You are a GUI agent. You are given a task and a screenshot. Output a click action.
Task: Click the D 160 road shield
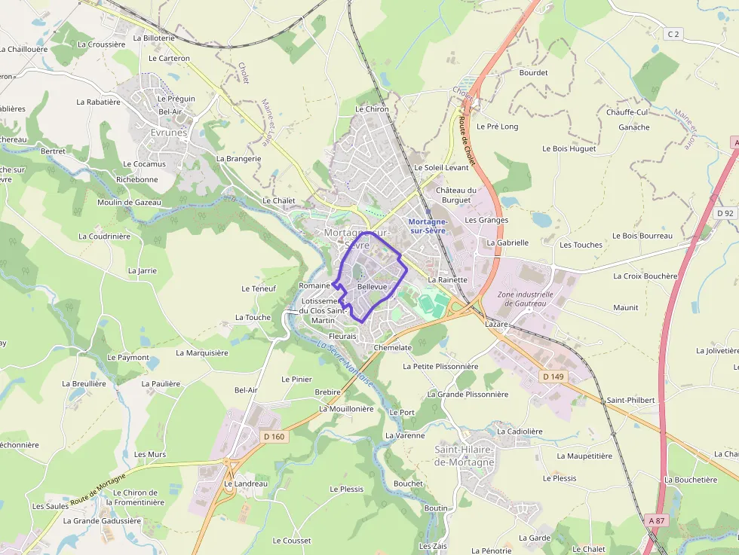click(x=274, y=436)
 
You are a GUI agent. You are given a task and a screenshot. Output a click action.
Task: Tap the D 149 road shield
click(x=553, y=374)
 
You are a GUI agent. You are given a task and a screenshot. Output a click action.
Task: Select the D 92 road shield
click(x=725, y=213)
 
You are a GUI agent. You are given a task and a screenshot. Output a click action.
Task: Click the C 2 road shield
click(x=673, y=34)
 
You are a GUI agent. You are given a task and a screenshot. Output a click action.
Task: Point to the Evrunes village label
click(x=168, y=132)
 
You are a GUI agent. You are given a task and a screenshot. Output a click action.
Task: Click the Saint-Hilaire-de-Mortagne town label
click(x=465, y=456)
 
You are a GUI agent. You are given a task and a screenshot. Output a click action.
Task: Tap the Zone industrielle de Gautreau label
click(x=526, y=299)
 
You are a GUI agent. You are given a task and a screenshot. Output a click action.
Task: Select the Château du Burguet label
click(x=456, y=195)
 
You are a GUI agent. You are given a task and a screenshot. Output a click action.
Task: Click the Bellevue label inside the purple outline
click(x=372, y=288)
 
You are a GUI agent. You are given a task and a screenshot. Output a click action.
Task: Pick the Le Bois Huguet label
click(x=569, y=148)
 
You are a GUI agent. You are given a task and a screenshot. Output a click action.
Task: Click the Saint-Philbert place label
click(x=631, y=400)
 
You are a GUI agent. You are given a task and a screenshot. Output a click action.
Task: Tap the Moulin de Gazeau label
click(x=129, y=202)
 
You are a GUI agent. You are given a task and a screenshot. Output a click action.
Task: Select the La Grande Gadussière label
click(x=102, y=520)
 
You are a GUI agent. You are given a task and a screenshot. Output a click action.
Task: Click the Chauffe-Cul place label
click(x=627, y=112)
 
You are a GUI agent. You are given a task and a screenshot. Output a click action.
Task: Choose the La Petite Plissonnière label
click(x=440, y=367)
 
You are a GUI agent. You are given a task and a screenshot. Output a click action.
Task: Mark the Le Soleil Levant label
click(x=441, y=167)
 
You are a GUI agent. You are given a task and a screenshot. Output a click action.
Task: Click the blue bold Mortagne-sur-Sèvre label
click(x=428, y=226)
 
